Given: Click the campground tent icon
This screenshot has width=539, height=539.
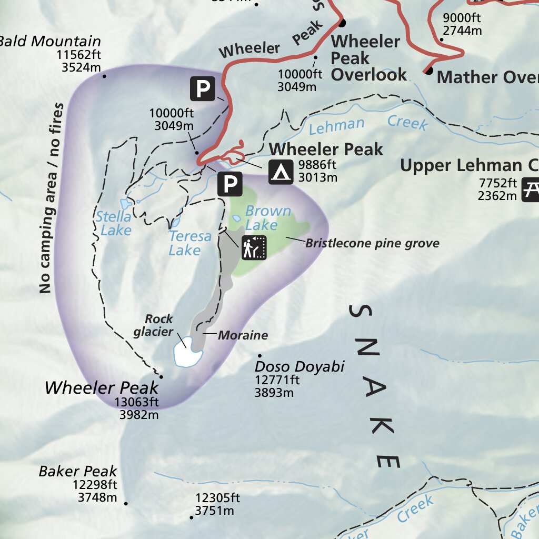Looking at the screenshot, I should click(281, 172).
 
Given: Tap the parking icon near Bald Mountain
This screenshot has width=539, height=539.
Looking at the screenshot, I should click(202, 89).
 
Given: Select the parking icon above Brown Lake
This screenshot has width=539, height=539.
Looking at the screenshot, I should click(230, 184).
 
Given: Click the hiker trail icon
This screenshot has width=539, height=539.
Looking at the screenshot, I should click(255, 247).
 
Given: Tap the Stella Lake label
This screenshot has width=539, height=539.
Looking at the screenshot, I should click(114, 223).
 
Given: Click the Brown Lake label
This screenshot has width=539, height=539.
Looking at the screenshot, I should click(267, 218).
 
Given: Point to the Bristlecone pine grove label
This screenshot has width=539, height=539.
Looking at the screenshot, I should click(372, 243).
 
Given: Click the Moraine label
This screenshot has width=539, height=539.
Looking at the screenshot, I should click(243, 335).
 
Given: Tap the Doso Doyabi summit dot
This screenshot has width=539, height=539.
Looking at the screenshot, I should click(259, 356).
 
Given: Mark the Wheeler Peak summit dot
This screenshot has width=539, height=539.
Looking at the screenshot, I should click(161, 377).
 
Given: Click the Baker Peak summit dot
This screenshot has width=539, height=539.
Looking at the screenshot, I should click(126, 504).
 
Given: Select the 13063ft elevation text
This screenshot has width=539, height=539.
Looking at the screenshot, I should click(137, 403).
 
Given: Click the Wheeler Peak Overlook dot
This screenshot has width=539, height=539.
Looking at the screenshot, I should click(342, 23).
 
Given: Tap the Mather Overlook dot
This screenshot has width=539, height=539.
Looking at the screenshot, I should click(429, 70).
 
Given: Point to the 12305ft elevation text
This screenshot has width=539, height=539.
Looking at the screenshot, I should click(217, 498).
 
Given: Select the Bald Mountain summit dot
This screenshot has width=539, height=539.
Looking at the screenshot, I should click(104, 76).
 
